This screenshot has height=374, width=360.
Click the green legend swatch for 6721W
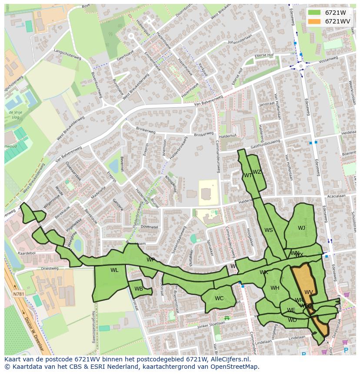(x=314, y=12)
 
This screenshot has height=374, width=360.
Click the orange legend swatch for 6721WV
(x=314, y=21)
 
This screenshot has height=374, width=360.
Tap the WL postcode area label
(x=114, y=270)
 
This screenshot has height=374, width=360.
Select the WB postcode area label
(x=139, y=289)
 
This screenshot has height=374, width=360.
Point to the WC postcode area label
(x=219, y=298)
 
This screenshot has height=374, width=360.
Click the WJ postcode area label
(x=301, y=228)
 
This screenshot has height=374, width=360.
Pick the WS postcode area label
(x=269, y=230)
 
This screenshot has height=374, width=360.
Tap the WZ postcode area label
(x=257, y=172)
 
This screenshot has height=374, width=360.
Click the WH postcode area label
(x=275, y=288)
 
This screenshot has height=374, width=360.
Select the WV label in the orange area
(x=308, y=292)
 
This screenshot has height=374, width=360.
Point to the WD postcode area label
(x=292, y=320)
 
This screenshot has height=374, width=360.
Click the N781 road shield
(x=19, y=294)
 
